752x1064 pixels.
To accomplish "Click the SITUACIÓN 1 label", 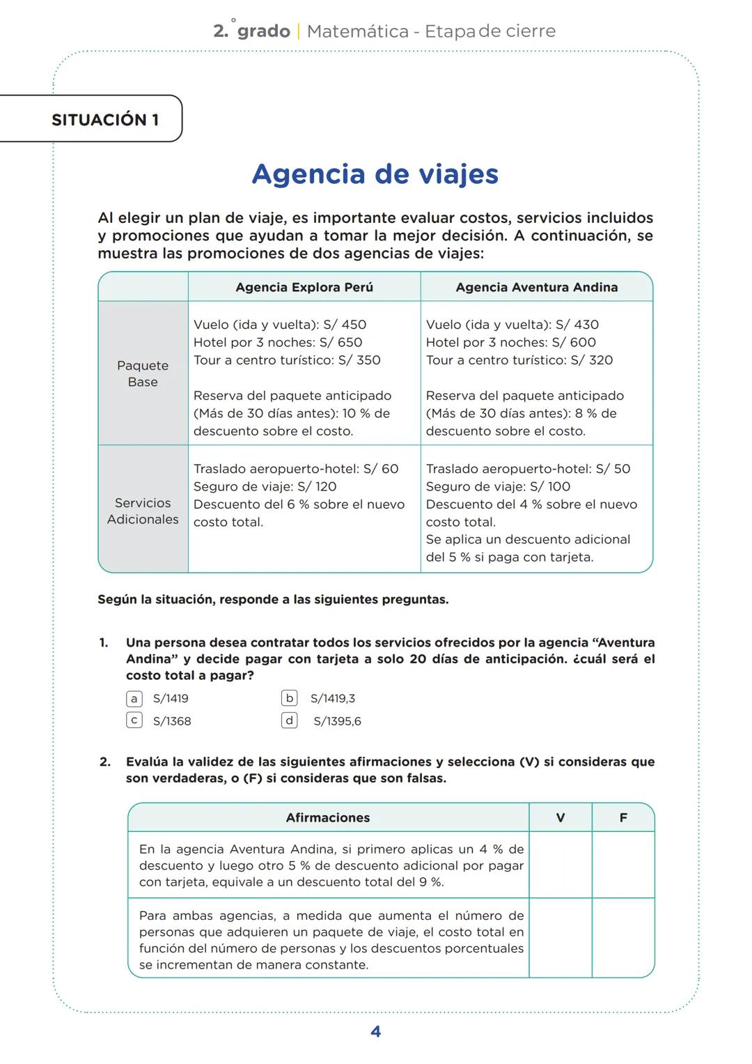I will click(x=105, y=119).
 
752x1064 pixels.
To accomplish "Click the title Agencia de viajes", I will click(x=375, y=174).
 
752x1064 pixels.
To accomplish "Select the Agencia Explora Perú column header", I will click(x=304, y=287).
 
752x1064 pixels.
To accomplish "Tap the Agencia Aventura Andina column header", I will click(x=536, y=287).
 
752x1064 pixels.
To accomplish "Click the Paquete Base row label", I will click(x=143, y=373).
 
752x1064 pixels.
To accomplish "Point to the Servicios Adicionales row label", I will click(x=143, y=511).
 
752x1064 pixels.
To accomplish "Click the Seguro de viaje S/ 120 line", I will click(x=265, y=486).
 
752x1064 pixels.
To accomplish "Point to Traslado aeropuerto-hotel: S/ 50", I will click(x=528, y=469).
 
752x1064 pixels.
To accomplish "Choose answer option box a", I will click(x=134, y=698).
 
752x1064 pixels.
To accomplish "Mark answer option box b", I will click(x=290, y=697).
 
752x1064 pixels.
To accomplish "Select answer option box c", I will click(x=134, y=720).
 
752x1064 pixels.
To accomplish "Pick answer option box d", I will click(x=290, y=720).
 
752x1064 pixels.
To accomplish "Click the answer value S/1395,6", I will click(x=337, y=722).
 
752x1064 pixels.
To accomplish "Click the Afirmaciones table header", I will click(x=328, y=817).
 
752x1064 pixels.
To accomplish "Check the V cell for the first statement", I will click(x=560, y=865).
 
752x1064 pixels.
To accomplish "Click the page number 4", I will click(x=375, y=1032).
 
